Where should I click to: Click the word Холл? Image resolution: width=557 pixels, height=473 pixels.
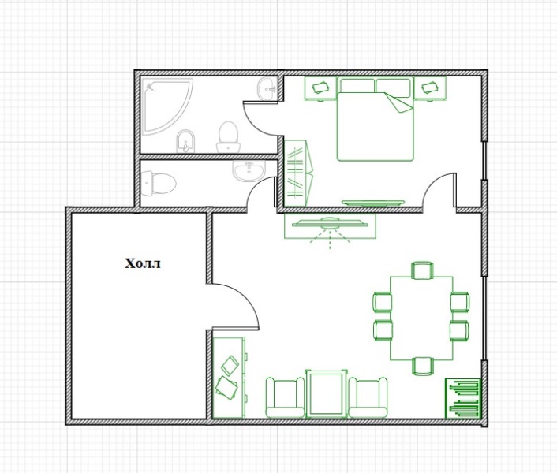pyautogui.click(x=143, y=263)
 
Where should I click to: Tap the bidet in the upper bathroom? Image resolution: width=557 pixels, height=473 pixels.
pyautogui.click(x=185, y=141)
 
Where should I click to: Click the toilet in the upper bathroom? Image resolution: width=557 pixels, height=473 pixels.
pyautogui.click(x=228, y=136)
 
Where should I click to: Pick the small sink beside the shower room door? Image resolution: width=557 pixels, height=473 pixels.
pyautogui.click(x=267, y=89)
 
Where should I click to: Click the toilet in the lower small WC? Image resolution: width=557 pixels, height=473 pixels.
pyautogui.click(x=159, y=184)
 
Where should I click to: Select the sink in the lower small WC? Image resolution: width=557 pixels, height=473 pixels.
pyautogui.click(x=249, y=170)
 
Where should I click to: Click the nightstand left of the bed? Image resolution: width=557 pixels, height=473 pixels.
pyautogui.click(x=320, y=89)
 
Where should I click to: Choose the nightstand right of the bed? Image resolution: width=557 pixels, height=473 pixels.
pyautogui.click(x=430, y=89)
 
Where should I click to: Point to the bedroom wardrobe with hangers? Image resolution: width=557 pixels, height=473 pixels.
pyautogui.click(x=297, y=173)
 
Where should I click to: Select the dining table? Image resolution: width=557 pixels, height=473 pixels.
pyautogui.click(x=421, y=318)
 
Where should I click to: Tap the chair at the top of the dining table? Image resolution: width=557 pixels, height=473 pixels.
pyautogui.click(x=422, y=270)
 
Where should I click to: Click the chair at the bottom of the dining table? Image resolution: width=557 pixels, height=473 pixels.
pyautogui.click(x=422, y=367)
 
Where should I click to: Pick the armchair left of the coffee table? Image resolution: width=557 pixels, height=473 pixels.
pyautogui.click(x=286, y=397)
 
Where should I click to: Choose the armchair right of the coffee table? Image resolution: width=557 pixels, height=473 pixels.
pyautogui.click(x=368, y=397)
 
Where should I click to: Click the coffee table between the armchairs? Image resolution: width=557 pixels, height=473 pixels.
pyautogui.click(x=327, y=393)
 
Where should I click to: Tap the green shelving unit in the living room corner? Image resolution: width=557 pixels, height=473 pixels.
pyautogui.click(x=463, y=398)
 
